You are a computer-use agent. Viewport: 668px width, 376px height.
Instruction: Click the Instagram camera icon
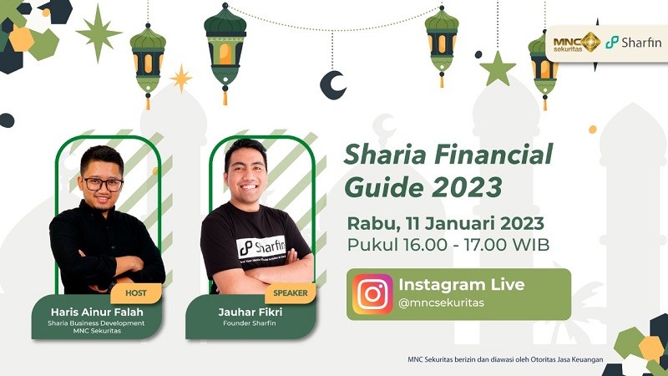[372, 294]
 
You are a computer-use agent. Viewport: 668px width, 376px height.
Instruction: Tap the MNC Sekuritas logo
[576, 42]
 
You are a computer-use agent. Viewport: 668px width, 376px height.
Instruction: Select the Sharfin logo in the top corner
[633, 42]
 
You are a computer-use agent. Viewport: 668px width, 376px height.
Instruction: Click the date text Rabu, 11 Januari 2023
[446, 223]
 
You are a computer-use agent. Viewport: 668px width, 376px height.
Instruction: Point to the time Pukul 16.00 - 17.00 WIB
[448, 245]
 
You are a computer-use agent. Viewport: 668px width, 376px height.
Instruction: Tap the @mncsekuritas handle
[441, 302]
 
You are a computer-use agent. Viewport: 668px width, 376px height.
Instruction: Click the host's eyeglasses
[104, 183]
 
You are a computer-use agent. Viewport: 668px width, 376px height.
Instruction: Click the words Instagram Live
[461, 284]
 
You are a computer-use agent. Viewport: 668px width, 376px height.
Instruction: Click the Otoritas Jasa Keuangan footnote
[504, 360]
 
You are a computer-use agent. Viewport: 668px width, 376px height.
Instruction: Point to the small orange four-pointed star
[180, 78]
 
